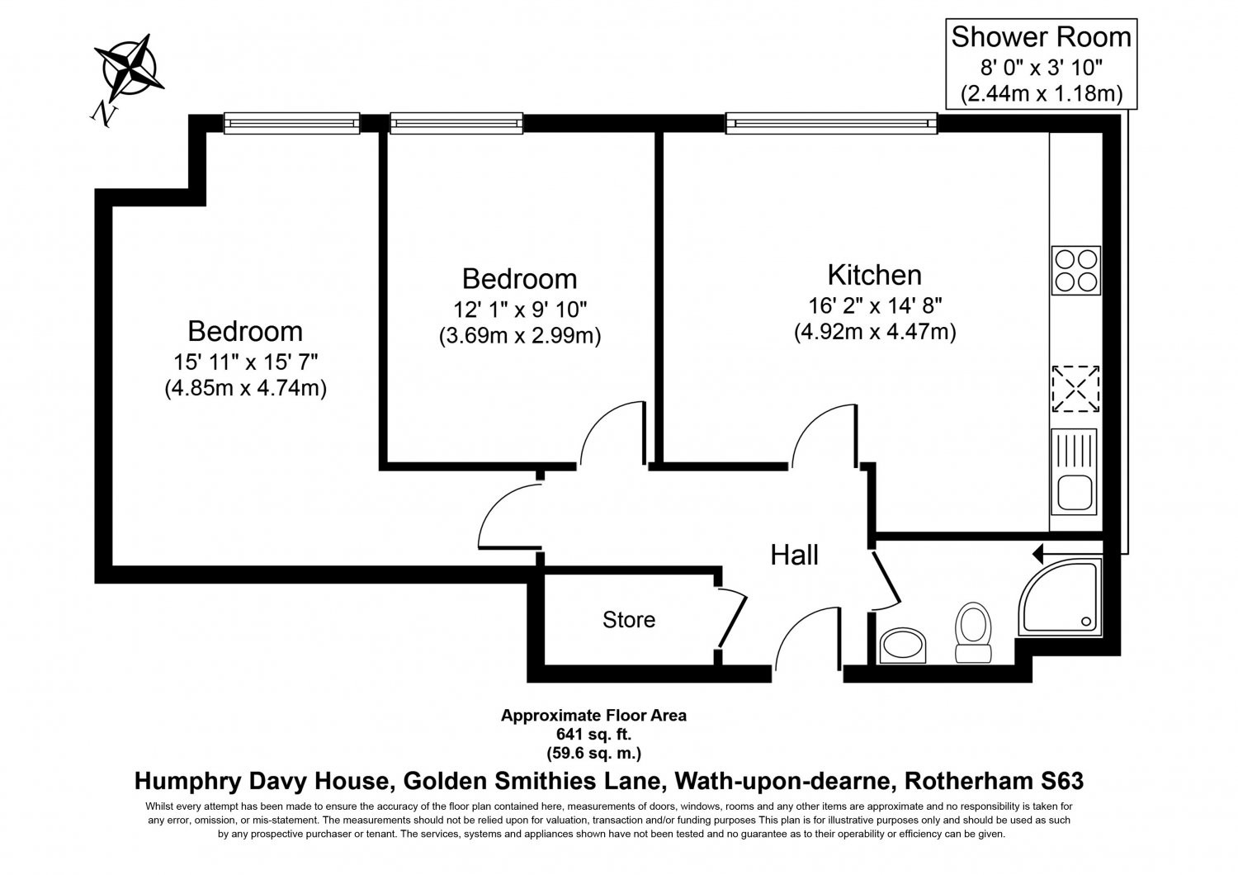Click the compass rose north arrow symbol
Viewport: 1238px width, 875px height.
point(129,69)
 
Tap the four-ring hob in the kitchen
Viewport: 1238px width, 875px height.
point(1075,270)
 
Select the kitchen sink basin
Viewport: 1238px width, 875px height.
point(1075,492)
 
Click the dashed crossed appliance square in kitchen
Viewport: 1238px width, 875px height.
point(1075,389)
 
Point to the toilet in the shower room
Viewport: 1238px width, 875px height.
point(973,633)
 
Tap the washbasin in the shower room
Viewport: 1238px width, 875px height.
point(902,645)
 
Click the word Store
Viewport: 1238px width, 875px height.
point(628,620)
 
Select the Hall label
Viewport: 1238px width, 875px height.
point(794,555)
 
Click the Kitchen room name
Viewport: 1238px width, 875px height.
point(874,275)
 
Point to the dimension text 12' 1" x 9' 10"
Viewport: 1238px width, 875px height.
point(519,309)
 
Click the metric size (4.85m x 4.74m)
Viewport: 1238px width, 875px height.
point(245,388)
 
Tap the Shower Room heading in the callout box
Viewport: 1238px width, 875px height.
point(1041,37)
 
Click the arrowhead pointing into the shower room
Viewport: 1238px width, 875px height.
point(1037,553)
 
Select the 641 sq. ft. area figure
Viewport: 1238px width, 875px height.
point(593,734)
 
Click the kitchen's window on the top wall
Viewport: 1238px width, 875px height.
point(831,123)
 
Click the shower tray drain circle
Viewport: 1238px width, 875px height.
point(1086,622)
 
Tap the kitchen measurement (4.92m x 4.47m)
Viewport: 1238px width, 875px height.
point(875,332)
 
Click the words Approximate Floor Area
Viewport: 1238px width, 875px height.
point(593,715)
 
